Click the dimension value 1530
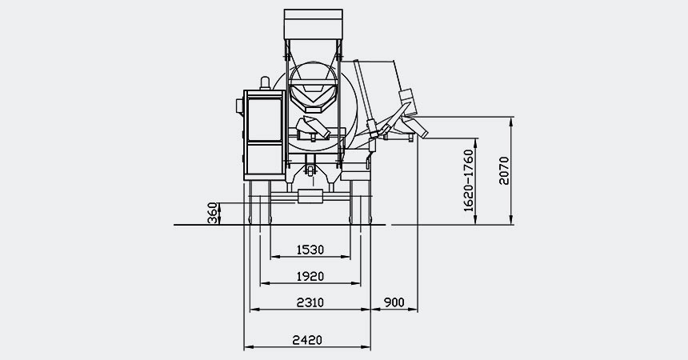click(x=310, y=250)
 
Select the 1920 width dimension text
click(x=310, y=276)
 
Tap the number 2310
click(x=310, y=302)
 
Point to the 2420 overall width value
click(x=306, y=340)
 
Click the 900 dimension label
click(x=394, y=302)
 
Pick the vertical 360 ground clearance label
click(x=212, y=214)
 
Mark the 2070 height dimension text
click(x=504, y=170)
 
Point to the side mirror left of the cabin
click(x=238, y=104)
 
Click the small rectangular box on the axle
click(x=310, y=196)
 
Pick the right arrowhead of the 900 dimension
click(x=415, y=308)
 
